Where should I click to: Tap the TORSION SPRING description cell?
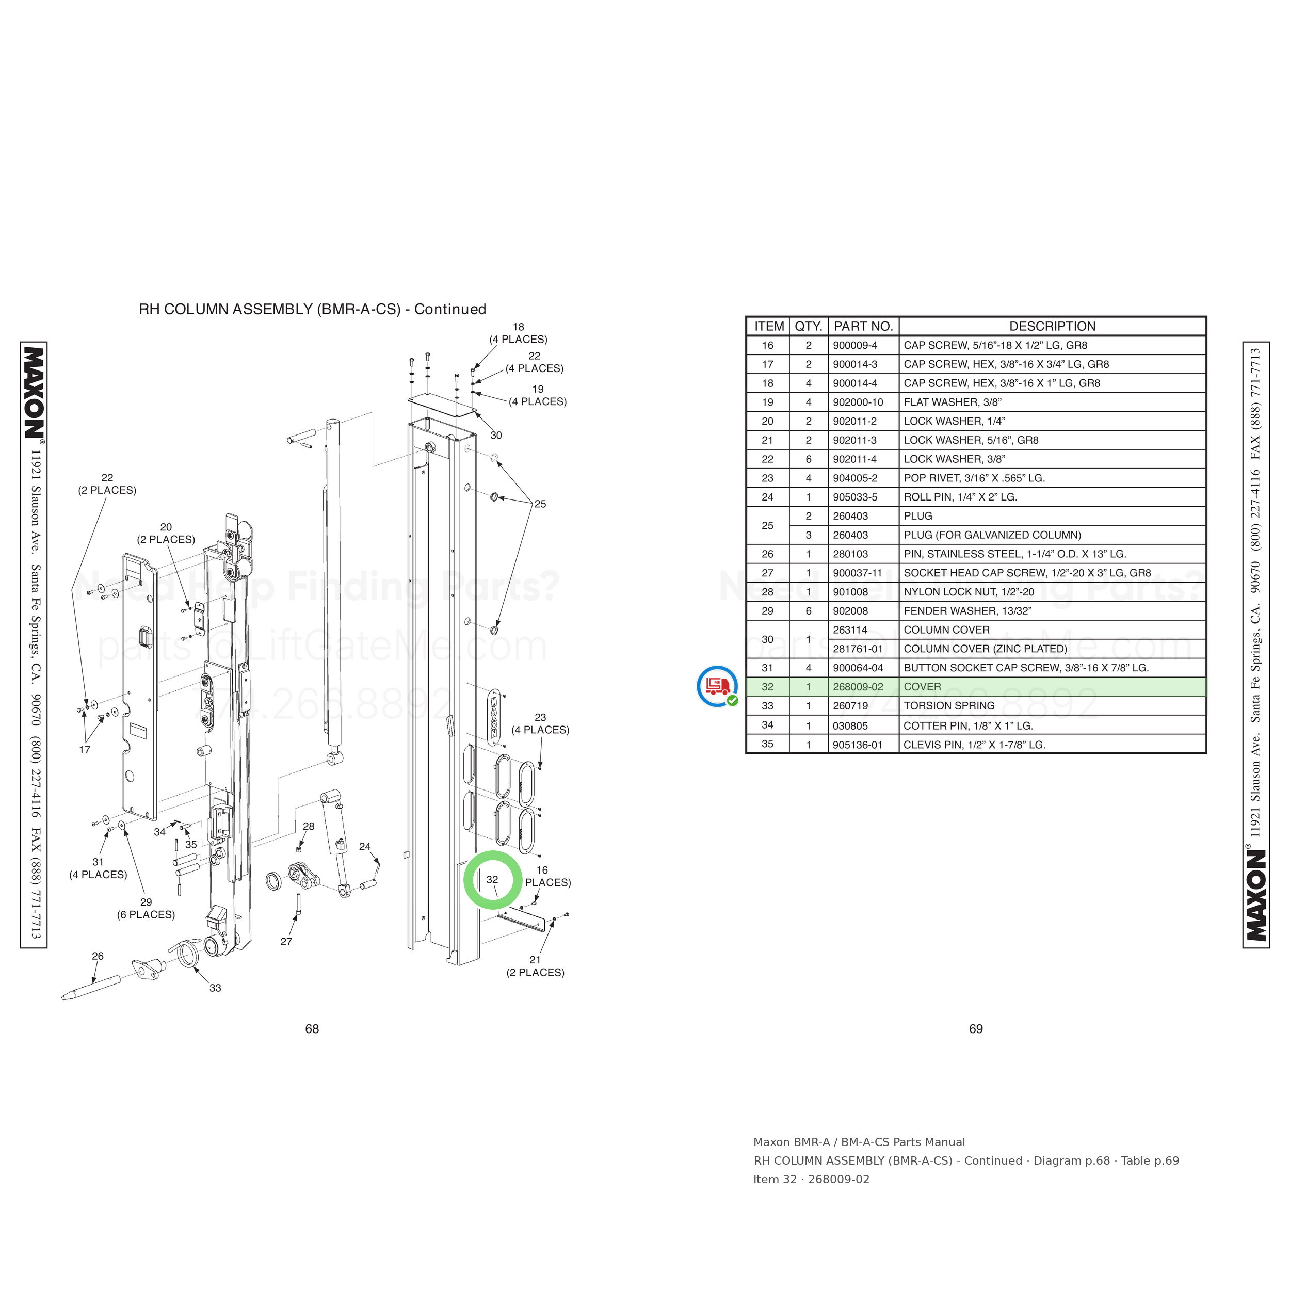pyautogui.click(x=949, y=706)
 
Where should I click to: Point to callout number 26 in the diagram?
pyautogui.click(x=98, y=956)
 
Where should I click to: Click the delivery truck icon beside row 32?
pyautogui.click(x=718, y=686)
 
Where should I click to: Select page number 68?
pyautogui.click(x=312, y=1029)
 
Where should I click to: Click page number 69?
pyautogui.click(x=976, y=1029)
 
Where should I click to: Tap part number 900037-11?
pyautogui.click(x=857, y=573)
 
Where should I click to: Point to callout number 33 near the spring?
pyautogui.click(x=215, y=988)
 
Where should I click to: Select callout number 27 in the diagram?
pyautogui.click(x=286, y=942)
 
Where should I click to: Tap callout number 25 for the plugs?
pyautogui.click(x=540, y=504)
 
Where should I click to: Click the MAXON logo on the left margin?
pyautogui.click(x=34, y=393)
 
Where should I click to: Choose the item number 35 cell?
pyautogui.click(x=768, y=744)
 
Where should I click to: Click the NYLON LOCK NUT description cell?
pyautogui.click(x=969, y=591)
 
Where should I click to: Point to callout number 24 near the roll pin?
pyautogui.click(x=365, y=847)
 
